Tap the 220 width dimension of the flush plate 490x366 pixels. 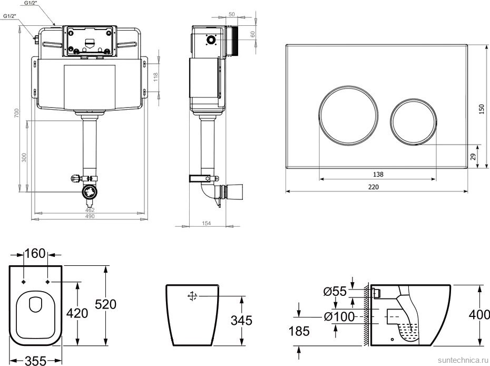373,187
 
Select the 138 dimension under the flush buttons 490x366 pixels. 378,174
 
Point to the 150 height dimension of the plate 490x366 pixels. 481,109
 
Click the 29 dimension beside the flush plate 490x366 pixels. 474,157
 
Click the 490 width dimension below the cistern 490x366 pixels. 90,216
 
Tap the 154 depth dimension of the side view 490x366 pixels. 207,223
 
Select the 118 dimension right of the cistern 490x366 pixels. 156,76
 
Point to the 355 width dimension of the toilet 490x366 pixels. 36,361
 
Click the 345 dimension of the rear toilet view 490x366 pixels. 241,320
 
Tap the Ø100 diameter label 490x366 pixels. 339,317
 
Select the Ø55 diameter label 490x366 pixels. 335,292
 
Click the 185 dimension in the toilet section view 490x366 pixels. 299,331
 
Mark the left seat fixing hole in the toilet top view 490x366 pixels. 24,282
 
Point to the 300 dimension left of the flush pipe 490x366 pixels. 24,157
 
